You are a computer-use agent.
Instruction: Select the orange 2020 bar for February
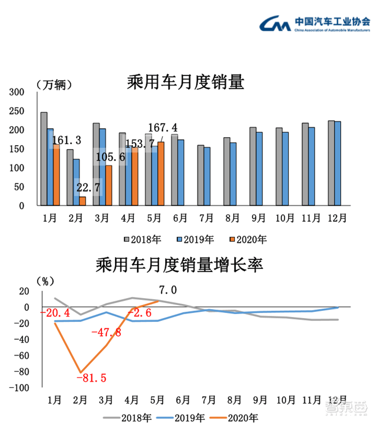point(82,201)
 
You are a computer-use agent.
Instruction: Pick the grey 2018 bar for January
point(44,159)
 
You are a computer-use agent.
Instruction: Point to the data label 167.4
point(164,128)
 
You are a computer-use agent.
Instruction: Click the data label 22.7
point(89,188)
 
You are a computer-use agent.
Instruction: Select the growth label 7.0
point(168,290)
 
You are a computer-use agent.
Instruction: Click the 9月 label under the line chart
point(260,400)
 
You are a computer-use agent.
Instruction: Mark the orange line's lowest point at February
point(81,372)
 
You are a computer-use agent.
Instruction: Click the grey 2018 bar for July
point(200,175)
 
